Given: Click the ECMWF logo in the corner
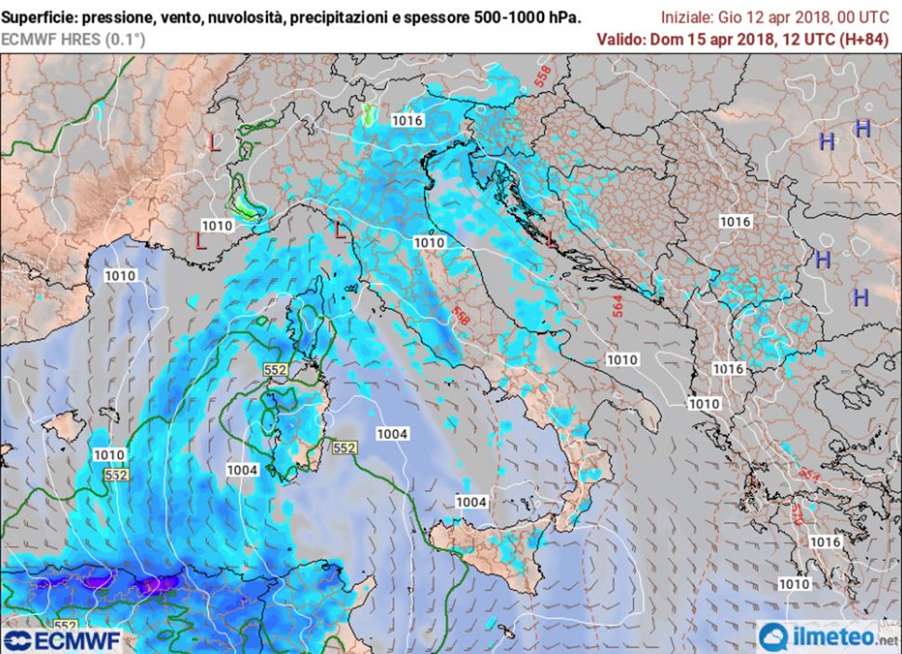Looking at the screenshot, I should click(x=61, y=640).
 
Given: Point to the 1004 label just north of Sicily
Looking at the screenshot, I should click(x=471, y=502).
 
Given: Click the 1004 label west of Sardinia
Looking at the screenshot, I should click(x=242, y=470).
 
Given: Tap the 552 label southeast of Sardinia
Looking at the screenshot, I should click(x=344, y=447).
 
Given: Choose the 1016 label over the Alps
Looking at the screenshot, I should click(x=407, y=120).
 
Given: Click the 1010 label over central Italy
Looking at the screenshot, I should click(x=429, y=242).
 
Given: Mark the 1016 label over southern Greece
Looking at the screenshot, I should click(x=825, y=541).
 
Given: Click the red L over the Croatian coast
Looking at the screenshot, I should click(x=552, y=240).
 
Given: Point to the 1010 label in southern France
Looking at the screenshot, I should click(x=217, y=225).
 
